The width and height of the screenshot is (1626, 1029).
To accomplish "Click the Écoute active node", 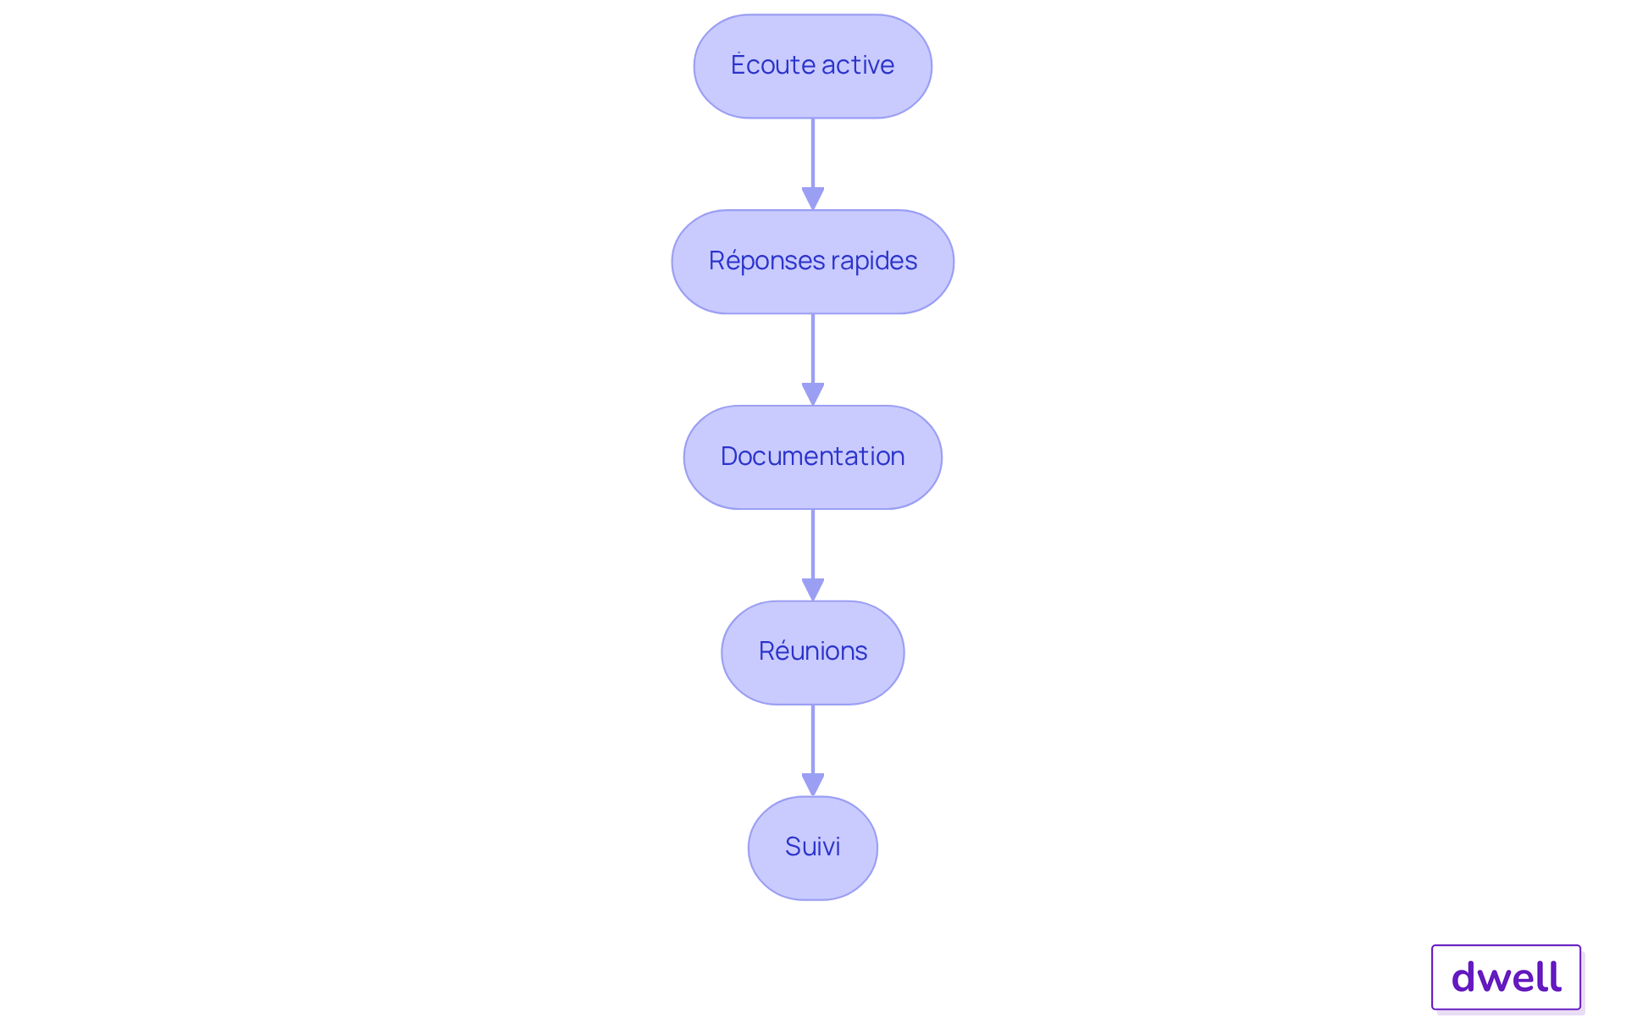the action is [x=813, y=66].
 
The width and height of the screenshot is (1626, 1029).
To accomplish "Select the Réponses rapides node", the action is [x=813, y=262].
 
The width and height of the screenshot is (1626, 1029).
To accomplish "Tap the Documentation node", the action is [x=813, y=457].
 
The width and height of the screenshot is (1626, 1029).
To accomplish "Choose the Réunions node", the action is [x=813, y=653].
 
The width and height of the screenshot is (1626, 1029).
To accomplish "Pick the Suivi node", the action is [x=813, y=848].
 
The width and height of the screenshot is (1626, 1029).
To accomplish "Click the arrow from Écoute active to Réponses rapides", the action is [x=813, y=164].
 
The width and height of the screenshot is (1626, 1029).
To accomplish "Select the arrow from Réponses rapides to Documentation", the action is [x=813, y=360].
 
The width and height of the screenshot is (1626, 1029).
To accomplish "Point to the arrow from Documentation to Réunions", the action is [x=813, y=556].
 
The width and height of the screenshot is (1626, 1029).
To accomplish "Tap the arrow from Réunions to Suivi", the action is [x=813, y=750].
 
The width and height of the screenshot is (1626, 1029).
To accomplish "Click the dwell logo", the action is [x=1507, y=977].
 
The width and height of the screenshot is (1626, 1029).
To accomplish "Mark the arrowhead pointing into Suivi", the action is [x=813, y=785].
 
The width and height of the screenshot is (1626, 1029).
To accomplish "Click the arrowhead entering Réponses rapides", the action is [x=813, y=199].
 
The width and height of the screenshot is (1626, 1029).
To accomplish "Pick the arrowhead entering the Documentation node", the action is [x=813, y=395].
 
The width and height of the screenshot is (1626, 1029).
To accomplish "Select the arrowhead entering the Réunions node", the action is [x=813, y=590].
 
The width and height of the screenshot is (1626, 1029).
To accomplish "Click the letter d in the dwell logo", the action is [x=1464, y=976].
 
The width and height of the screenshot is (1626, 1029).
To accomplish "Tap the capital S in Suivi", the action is [x=793, y=846].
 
